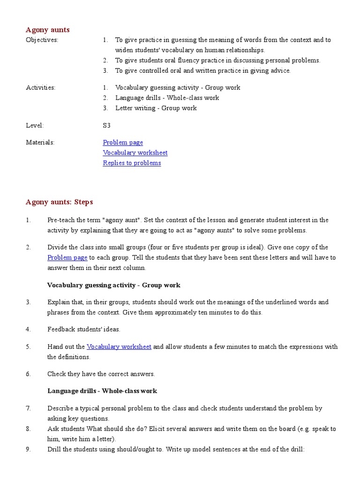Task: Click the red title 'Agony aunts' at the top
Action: (47, 30)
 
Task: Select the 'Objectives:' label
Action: (42, 40)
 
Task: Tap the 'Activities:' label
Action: (40, 88)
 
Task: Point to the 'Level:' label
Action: (35, 126)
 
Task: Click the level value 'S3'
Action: (107, 126)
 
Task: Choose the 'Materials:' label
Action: (40, 142)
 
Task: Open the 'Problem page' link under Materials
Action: (123, 142)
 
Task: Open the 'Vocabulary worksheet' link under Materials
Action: (135, 153)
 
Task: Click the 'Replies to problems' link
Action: (132, 163)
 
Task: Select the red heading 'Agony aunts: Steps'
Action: (59, 202)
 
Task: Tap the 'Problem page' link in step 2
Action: (67, 258)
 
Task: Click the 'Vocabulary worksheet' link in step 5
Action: (119, 347)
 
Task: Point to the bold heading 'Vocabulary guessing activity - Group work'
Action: (113, 285)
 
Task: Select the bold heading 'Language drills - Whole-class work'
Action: (102, 391)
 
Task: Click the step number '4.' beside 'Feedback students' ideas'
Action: (28, 330)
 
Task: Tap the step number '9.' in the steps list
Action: (28, 450)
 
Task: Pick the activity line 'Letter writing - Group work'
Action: (156, 108)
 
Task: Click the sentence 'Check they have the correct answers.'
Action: (101, 374)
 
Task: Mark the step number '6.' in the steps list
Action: (28, 374)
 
